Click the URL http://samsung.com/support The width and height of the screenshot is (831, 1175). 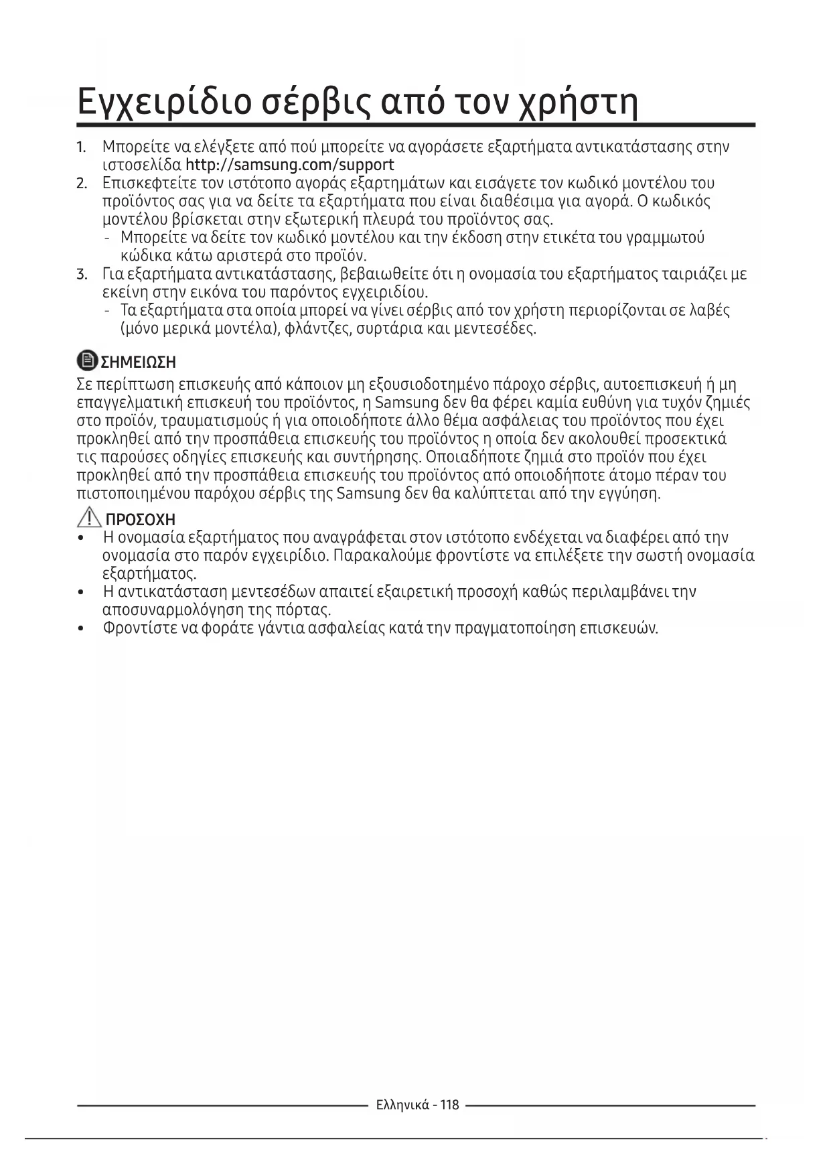(x=289, y=165)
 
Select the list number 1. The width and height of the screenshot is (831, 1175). (x=81, y=147)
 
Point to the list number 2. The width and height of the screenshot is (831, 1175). (x=81, y=183)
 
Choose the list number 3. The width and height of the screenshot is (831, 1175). (x=81, y=274)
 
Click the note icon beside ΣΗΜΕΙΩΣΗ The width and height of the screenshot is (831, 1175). (x=87, y=361)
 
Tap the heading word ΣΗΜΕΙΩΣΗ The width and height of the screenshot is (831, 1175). (x=138, y=362)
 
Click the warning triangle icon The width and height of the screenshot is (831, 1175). (x=88, y=518)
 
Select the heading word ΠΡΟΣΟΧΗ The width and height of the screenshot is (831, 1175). (x=141, y=520)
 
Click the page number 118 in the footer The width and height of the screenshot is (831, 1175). (x=450, y=1105)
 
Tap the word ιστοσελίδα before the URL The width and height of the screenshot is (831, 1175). (x=141, y=165)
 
